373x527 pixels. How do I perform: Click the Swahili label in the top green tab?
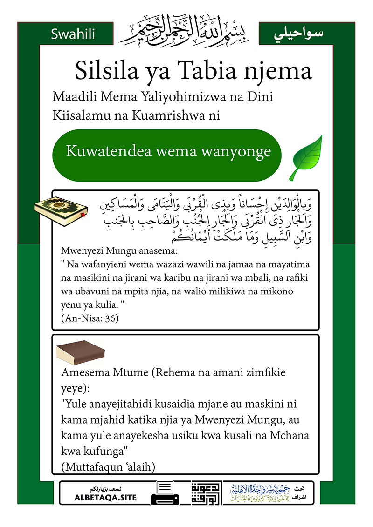(73, 34)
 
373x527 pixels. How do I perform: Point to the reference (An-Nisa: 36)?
(90, 319)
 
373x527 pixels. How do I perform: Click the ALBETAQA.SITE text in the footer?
(105, 498)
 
